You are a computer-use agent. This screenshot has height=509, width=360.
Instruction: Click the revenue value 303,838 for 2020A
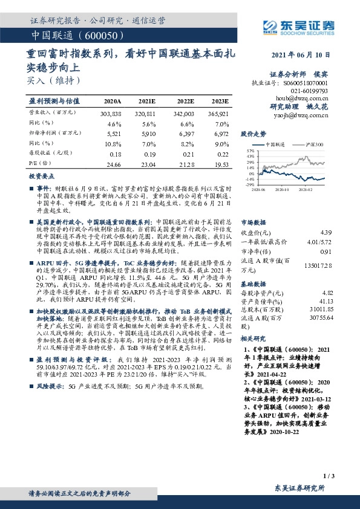111,113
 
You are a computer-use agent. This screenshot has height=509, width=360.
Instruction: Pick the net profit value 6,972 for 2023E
220,132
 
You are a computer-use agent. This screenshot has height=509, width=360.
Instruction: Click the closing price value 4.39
326,232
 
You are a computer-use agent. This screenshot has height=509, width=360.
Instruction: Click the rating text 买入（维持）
53,80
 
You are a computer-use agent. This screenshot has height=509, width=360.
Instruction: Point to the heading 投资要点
42,175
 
